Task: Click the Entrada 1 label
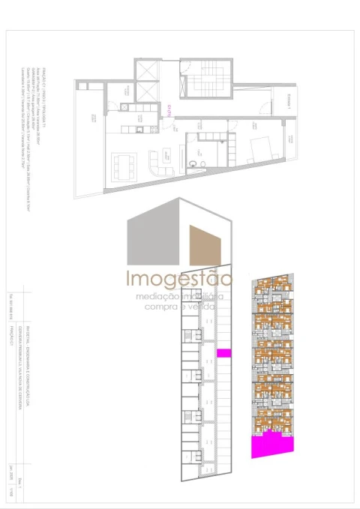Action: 287,103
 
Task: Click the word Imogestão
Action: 178,281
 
